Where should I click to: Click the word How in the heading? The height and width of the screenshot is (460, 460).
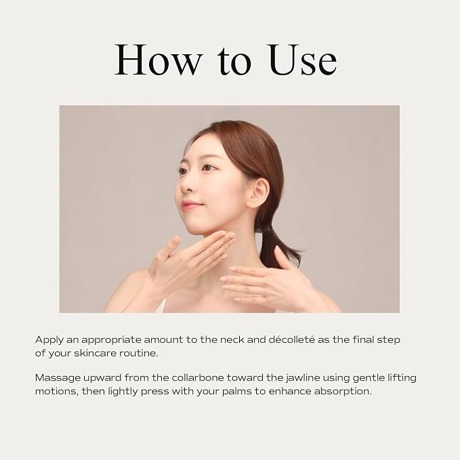click(x=159, y=60)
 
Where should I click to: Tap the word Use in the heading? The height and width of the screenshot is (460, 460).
click(x=301, y=60)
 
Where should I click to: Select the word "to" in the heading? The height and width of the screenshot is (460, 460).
click(x=234, y=62)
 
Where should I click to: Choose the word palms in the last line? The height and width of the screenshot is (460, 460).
click(x=237, y=392)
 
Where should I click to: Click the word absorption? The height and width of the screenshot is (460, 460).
click(x=343, y=392)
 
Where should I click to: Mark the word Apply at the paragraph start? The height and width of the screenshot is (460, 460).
click(x=49, y=340)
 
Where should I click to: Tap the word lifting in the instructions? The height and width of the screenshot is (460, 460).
click(x=402, y=378)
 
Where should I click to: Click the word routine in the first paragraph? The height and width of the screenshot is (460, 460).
click(x=138, y=353)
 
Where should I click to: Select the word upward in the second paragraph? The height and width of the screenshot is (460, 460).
click(x=102, y=378)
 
